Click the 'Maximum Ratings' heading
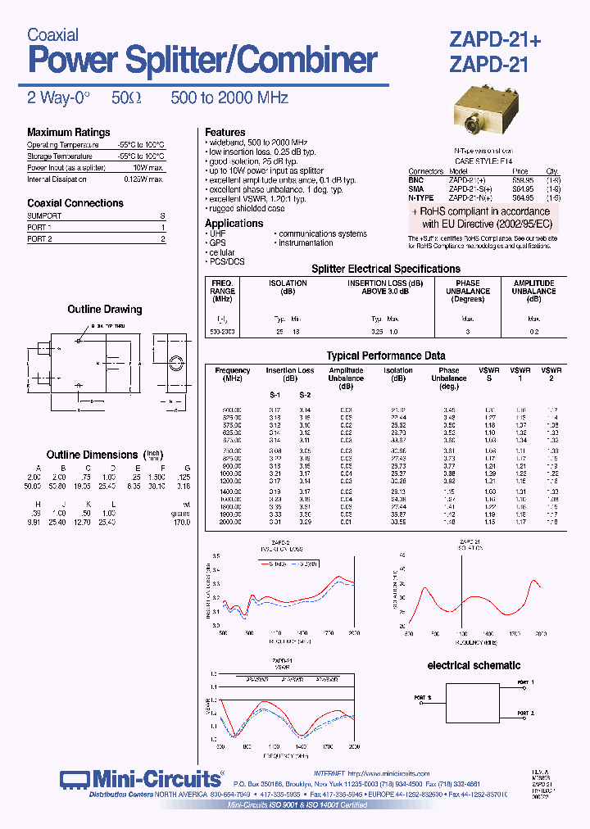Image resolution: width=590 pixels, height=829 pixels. pyautogui.click(x=68, y=133)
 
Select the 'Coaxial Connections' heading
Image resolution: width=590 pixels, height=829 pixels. pyautogui.click(x=75, y=203)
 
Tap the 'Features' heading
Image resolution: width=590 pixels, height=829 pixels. pyautogui.click(x=225, y=132)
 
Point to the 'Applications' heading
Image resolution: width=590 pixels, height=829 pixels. pyautogui.click(x=234, y=223)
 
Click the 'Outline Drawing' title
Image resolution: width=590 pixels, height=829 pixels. pyautogui.click(x=104, y=310)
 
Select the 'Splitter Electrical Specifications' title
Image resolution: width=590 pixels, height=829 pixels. pyautogui.click(x=386, y=269)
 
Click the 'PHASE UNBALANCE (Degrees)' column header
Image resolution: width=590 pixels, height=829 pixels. pyautogui.click(x=468, y=291)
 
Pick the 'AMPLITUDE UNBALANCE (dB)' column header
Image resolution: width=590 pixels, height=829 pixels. pyautogui.click(x=533, y=291)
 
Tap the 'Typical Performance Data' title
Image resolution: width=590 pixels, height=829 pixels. pyautogui.click(x=386, y=356)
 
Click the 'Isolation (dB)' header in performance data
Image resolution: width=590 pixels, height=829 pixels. pyautogui.click(x=398, y=374)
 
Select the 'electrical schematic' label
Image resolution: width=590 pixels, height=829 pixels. pyautogui.click(x=474, y=665)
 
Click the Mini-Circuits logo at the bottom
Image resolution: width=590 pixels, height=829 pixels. pyautogui.click(x=141, y=778)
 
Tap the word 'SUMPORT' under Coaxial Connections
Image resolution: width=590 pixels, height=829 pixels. pyautogui.click(x=44, y=215)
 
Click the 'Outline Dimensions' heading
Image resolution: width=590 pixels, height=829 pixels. pyautogui.click(x=92, y=455)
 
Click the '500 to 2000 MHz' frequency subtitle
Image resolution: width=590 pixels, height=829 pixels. pyautogui.click(x=229, y=97)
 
